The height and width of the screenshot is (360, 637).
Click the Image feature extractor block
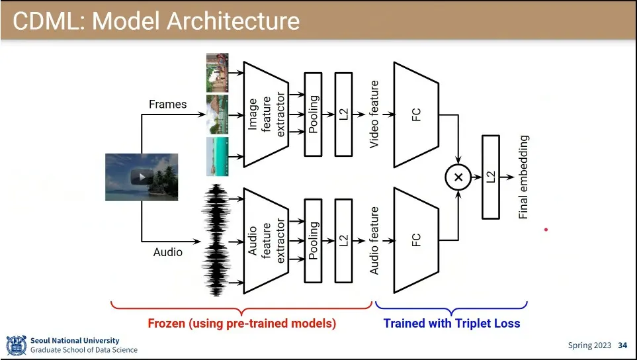click(266, 114)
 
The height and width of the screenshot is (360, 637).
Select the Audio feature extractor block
click(266, 240)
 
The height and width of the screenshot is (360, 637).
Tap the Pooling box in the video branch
click(313, 114)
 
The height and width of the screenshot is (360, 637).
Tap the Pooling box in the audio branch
click(313, 240)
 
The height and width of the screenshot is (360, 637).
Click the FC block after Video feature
click(416, 114)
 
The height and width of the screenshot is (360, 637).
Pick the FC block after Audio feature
click(416, 240)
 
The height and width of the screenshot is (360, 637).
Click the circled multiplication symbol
click(457, 177)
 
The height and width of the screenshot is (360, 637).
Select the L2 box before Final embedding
click(490, 177)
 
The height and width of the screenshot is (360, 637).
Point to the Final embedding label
click(523, 177)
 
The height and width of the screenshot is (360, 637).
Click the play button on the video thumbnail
click(142, 177)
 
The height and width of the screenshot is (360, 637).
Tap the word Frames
click(167, 104)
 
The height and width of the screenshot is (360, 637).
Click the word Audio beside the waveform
click(167, 252)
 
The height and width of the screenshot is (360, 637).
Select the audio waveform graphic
click(215, 240)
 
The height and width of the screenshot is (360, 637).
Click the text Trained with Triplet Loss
click(452, 324)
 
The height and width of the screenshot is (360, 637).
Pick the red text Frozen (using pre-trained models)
click(241, 324)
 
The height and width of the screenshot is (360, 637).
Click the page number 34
click(622, 345)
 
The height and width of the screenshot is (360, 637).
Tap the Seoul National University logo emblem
click(16, 345)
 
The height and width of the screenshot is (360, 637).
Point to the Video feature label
click(374, 114)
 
